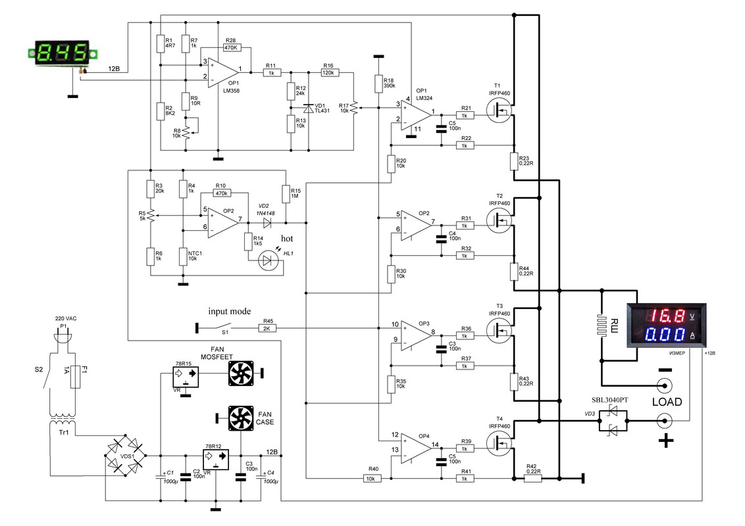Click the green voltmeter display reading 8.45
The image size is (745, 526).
[x=63, y=52]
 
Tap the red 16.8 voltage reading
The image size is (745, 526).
[x=668, y=316]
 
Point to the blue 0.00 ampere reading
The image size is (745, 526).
[x=668, y=335]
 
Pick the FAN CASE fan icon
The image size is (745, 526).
[x=241, y=418]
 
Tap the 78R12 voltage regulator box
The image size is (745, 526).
[x=216, y=459]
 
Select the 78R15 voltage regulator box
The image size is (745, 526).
[x=186, y=377]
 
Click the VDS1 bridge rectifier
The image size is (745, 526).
[x=125, y=455]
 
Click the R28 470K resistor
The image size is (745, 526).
[x=232, y=47]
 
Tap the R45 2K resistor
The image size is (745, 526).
[x=267, y=328]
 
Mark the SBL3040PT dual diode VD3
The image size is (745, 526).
[x=613, y=421]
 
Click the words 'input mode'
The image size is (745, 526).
[x=230, y=312]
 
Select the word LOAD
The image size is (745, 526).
[x=667, y=402]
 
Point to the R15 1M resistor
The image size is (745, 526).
[x=286, y=194]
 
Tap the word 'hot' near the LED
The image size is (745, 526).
[x=287, y=238]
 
